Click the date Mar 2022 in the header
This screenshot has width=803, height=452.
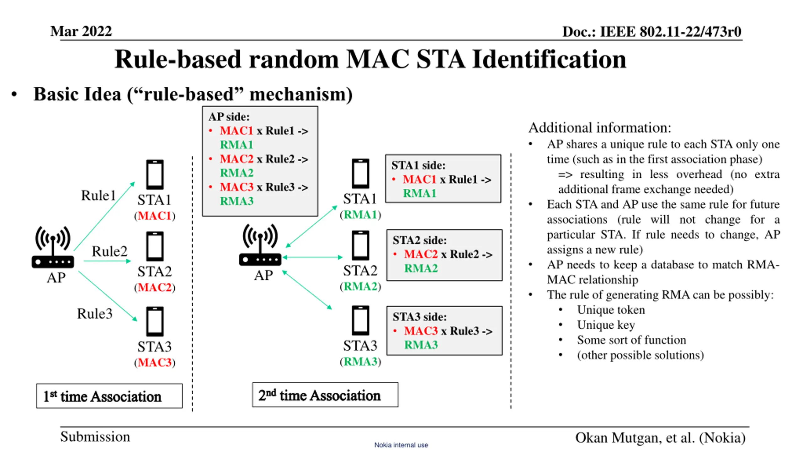pyautogui.click(x=81, y=31)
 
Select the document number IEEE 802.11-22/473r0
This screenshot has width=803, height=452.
pyautogui.click(x=671, y=32)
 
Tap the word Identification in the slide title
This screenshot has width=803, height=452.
pyautogui.click(x=549, y=59)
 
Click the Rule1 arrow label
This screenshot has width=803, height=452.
pyautogui.click(x=98, y=195)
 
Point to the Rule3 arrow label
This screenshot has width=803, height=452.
pyautogui.click(x=95, y=314)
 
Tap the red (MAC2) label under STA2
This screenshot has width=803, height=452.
pyautogui.click(x=155, y=288)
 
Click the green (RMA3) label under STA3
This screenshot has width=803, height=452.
pyautogui.click(x=360, y=362)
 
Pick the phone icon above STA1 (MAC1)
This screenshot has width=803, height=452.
pyautogui.click(x=155, y=175)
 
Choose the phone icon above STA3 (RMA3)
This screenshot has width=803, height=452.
pyautogui.click(x=360, y=320)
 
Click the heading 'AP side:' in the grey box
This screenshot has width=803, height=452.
pyautogui.click(x=229, y=117)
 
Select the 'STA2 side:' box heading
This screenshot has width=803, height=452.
pyautogui.click(x=419, y=240)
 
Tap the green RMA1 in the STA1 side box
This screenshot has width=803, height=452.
pyautogui.click(x=419, y=193)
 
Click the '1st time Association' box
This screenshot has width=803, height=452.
pyautogui.click(x=109, y=396)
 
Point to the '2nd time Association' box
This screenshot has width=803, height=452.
pyautogui.click(x=325, y=395)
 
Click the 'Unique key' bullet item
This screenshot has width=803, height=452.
pyautogui.click(x=606, y=325)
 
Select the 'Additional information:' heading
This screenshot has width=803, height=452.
pyautogui.click(x=600, y=128)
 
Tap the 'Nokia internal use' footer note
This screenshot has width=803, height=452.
pyautogui.click(x=401, y=445)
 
